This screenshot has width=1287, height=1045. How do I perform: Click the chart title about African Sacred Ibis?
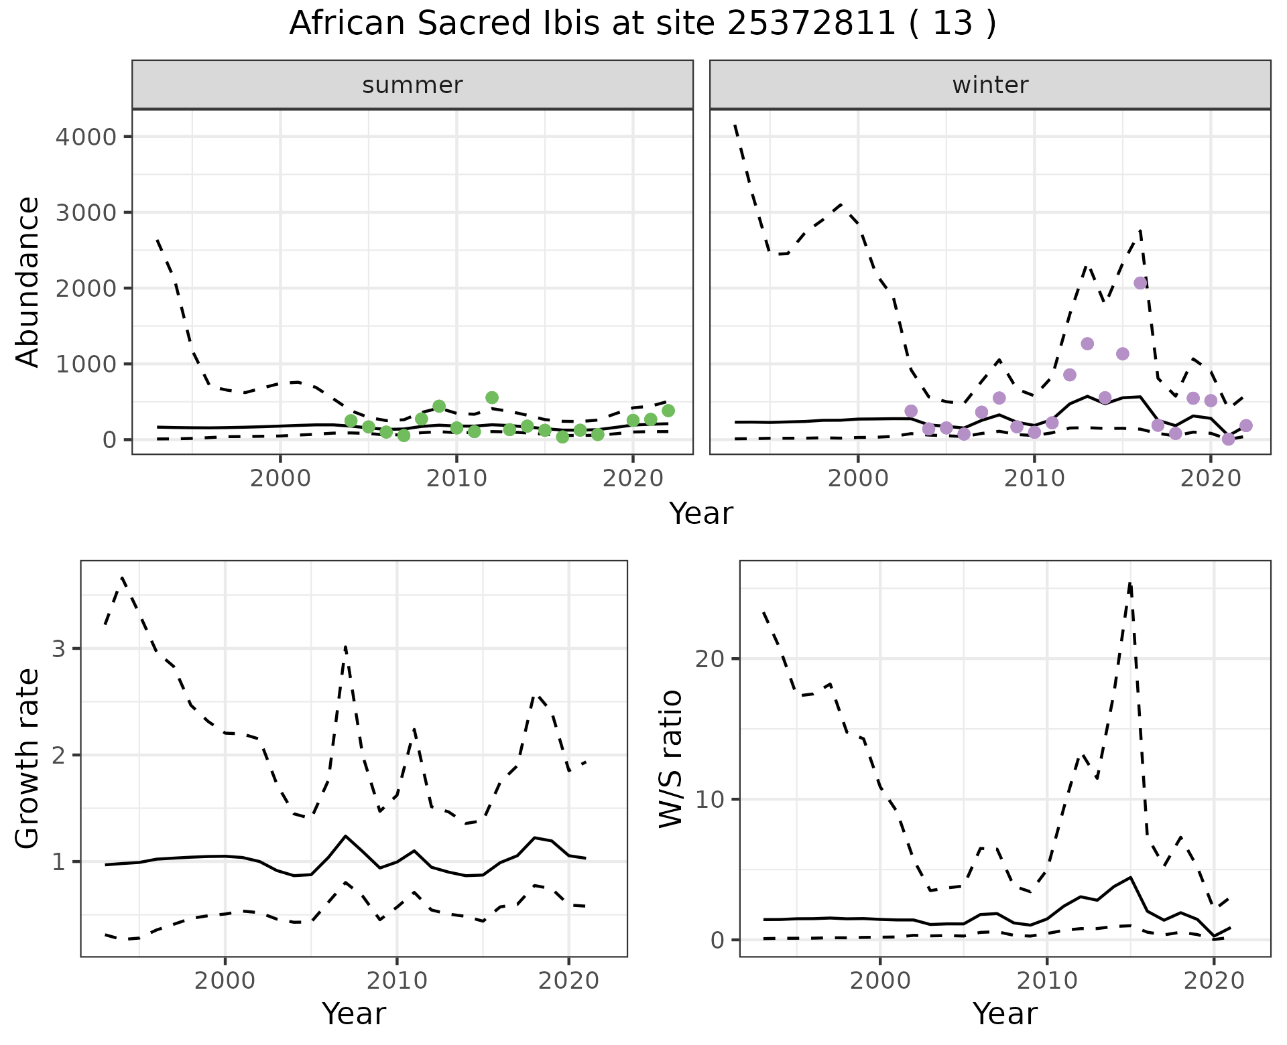point(642,24)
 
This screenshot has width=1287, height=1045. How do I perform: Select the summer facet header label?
point(412,85)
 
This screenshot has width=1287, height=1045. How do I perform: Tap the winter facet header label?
point(990,85)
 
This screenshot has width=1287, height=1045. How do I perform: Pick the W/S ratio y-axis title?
point(670,759)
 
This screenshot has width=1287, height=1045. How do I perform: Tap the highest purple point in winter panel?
point(1140,283)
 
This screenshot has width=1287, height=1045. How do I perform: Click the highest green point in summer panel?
point(491,398)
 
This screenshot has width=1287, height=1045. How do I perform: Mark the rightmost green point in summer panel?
point(668,411)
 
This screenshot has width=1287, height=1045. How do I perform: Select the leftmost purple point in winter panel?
point(911,411)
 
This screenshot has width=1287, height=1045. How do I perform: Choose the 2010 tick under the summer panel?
point(456,479)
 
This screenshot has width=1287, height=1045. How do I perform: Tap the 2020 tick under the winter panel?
point(1210,479)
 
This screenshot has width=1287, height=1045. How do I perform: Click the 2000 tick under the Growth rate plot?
point(225,981)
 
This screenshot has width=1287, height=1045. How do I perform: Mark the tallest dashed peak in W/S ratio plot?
point(1130,584)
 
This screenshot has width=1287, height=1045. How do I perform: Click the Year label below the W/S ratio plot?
point(1005,1014)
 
